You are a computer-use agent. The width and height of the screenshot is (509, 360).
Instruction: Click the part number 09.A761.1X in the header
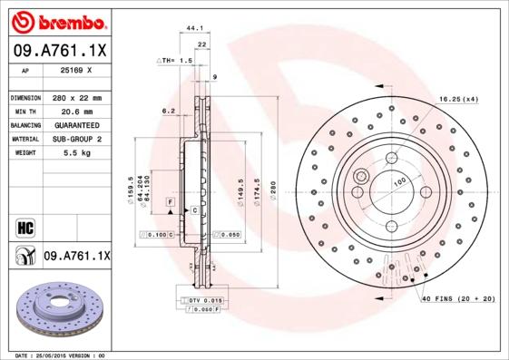(x=61, y=52)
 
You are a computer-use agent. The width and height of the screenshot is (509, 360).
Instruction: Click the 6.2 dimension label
(x=168, y=111)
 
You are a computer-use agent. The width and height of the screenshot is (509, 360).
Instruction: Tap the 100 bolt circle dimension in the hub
(x=398, y=182)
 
